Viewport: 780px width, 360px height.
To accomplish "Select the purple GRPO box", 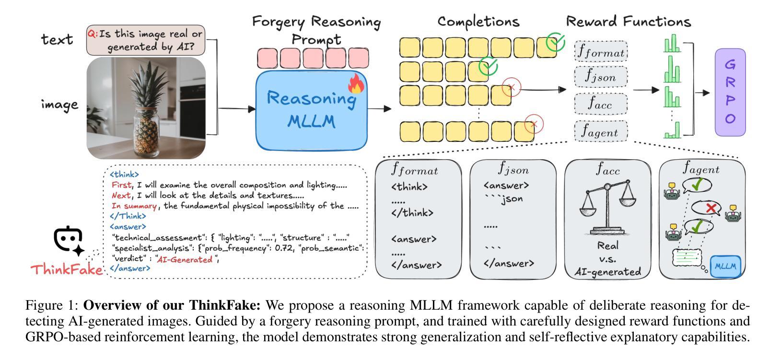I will click(x=730, y=92).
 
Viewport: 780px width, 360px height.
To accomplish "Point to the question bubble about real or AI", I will click(x=146, y=40).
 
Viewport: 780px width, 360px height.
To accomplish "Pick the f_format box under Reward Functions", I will click(x=601, y=51).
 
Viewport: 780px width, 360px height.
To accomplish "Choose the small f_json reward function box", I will click(x=601, y=77).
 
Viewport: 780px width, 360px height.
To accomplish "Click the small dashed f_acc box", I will click(x=601, y=104).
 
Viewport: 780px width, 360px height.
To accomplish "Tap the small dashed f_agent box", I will click(x=601, y=131).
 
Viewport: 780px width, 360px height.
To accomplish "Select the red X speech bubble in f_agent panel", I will click(x=711, y=208).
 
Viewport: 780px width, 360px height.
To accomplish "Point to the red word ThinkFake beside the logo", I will click(x=67, y=269).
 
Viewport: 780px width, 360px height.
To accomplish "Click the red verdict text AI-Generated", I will click(x=185, y=259).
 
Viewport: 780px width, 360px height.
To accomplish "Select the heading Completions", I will click(x=478, y=22).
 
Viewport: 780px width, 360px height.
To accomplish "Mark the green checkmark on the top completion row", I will click(x=555, y=42).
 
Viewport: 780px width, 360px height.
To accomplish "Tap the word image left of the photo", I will click(x=59, y=105).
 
